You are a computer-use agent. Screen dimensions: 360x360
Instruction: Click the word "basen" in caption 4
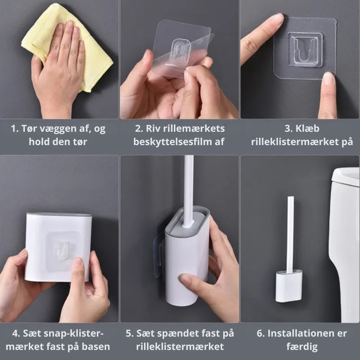tap(97, 347)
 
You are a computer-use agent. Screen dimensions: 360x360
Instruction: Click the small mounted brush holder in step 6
tap(288, 287)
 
